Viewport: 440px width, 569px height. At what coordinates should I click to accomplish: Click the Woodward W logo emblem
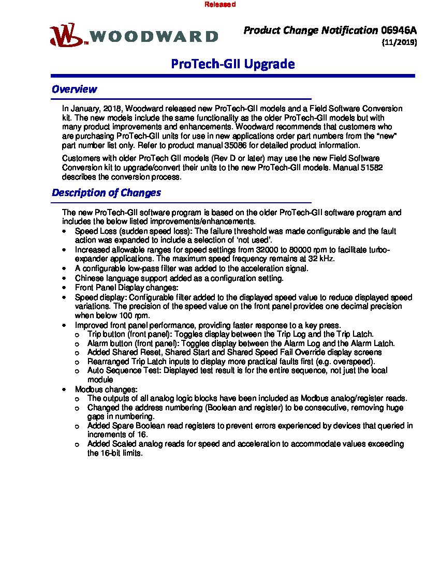[66, 35]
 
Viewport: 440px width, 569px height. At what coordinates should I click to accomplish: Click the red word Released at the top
[220, 4]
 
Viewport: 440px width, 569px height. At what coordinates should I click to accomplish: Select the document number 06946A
[399, 31]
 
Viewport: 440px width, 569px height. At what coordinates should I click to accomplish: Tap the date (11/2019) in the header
[399, 43]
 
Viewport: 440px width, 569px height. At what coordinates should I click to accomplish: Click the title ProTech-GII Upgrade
[233, 64]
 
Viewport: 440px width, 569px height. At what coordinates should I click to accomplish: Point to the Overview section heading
[74, 89]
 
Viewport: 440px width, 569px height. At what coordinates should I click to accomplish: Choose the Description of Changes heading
[106, 193]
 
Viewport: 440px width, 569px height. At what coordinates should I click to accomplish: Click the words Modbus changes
[106, 389]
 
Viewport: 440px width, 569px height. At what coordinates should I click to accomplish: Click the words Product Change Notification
[311, 31]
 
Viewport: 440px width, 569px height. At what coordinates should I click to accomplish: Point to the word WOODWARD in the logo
[154, 37]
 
